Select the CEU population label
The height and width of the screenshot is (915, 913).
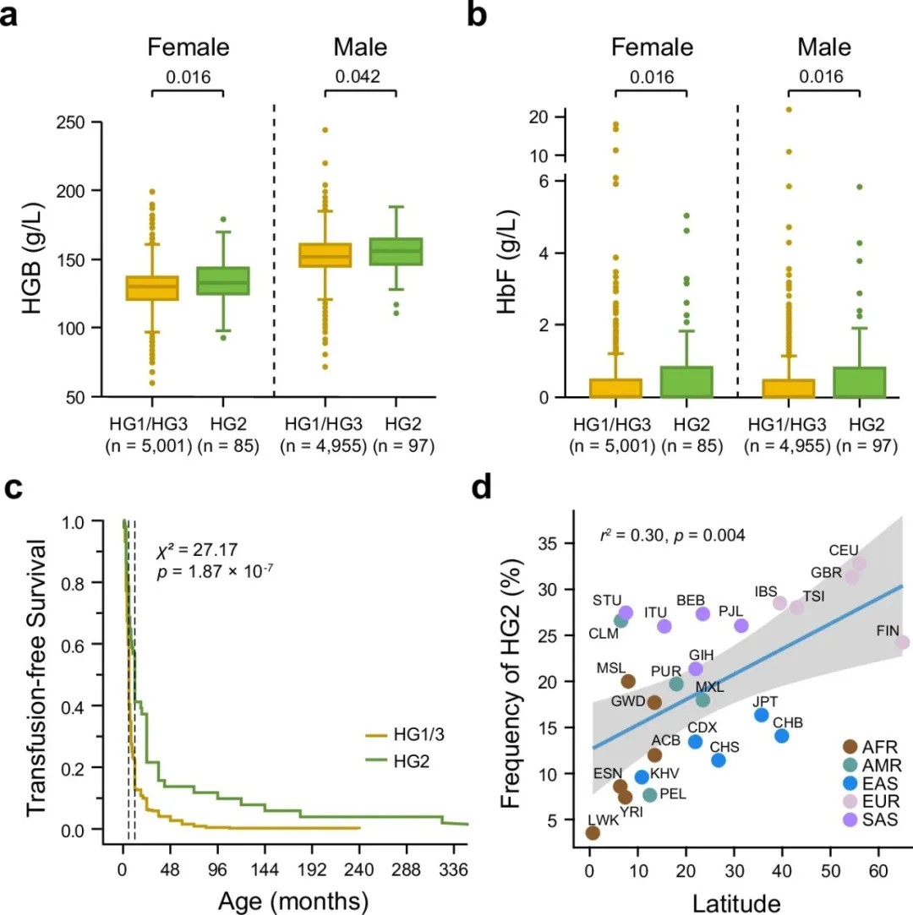(x=845, y=550)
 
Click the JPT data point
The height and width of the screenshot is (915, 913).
(x=762, y=715)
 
